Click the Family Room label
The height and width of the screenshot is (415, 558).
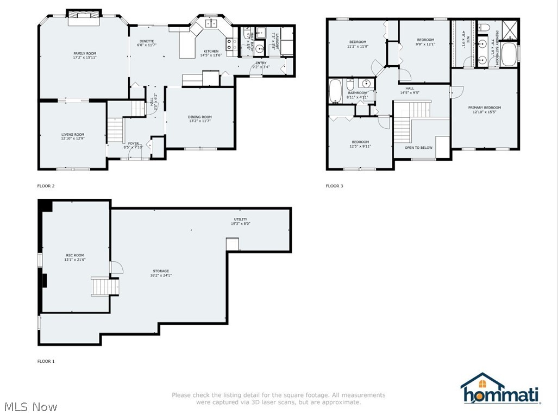pos(81,53)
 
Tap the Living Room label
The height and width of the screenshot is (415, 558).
pos(72,134)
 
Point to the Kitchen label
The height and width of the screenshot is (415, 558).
pos(211,51)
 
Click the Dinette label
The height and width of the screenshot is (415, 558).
pos(147,41)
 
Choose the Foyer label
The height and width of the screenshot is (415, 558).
pos(133,143)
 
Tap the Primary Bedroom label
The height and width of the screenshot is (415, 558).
pos(484,108)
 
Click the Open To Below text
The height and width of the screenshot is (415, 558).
pos(418,147)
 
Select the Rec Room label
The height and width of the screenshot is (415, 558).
pos(75,255)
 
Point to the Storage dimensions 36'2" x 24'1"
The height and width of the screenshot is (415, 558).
pos(160,275)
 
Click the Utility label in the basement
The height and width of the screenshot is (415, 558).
pos(240,219)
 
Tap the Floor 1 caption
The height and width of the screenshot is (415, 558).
pos(46,361)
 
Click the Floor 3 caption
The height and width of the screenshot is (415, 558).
pos(334,186)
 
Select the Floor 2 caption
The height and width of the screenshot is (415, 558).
pos(46,186)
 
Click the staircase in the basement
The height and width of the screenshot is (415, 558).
pos(104,286)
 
